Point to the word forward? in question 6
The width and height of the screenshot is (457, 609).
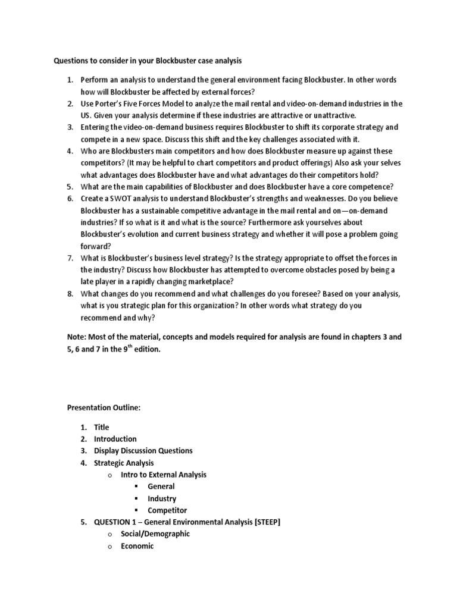pos(96,246)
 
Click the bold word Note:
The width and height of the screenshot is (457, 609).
pos(79,337)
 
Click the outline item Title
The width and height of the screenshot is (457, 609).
pos(102,427)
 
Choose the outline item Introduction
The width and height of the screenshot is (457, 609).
pos(115,439)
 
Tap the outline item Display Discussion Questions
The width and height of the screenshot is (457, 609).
pos(143,451)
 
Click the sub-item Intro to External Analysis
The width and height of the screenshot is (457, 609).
pos(164,475)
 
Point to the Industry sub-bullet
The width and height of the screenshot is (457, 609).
pos(162,498)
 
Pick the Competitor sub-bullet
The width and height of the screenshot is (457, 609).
pos(167,510)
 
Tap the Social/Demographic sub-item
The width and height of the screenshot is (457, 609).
pos(155,534)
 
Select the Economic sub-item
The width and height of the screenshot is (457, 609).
pos(137,546)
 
